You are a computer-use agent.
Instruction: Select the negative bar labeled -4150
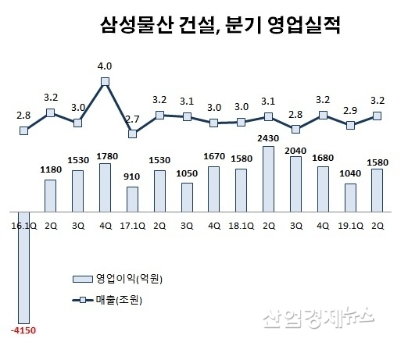point(23,266)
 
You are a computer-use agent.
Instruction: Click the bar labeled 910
point(132,199)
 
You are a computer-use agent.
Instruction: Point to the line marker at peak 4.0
point(105,80)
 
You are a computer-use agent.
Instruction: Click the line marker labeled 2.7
point(132,134)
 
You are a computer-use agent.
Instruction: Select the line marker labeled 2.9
point(351,125)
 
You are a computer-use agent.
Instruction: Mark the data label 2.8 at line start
point(23,115)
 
